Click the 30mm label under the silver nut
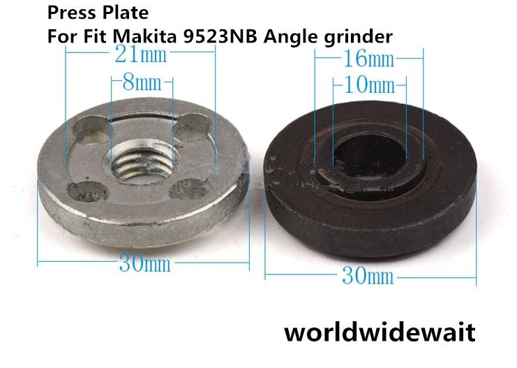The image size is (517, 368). (x=144, y=265)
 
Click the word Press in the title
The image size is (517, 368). (x=68, y=13)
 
